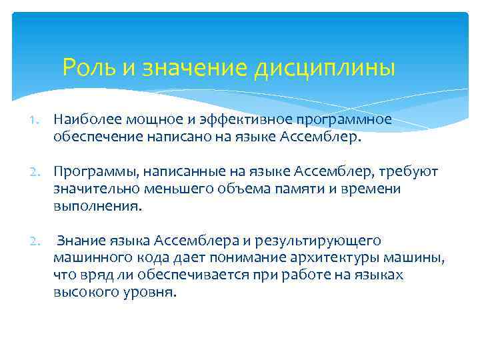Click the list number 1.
40,119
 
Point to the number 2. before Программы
40,172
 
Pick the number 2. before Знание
40,240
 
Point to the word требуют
411,172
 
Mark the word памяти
300,189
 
